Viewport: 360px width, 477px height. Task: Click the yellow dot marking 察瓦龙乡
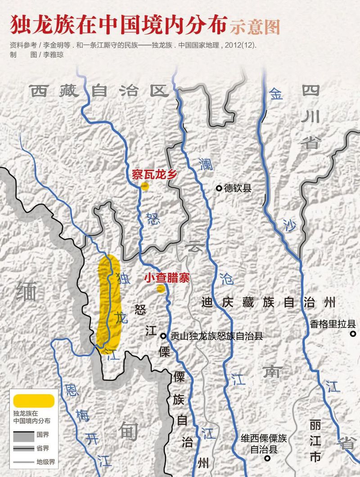point(144,186)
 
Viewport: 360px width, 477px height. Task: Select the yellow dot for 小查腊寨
point(160,289)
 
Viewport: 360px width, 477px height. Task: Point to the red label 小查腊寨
point(167,277)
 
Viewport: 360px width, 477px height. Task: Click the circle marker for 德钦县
point(219,188)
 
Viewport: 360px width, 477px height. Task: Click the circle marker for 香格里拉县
point(353,334)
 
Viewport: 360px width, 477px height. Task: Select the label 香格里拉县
point(333,324)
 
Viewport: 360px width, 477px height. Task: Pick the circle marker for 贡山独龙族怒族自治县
point(164,336)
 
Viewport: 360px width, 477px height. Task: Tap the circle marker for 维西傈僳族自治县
point(267,459)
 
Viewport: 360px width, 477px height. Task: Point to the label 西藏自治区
point(99,91)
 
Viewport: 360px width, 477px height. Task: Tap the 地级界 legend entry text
point(46,462)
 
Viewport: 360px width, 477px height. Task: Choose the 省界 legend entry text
point(43,448)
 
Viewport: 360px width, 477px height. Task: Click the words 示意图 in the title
point(255,27)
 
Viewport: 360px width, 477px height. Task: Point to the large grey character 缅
point(26,292)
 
